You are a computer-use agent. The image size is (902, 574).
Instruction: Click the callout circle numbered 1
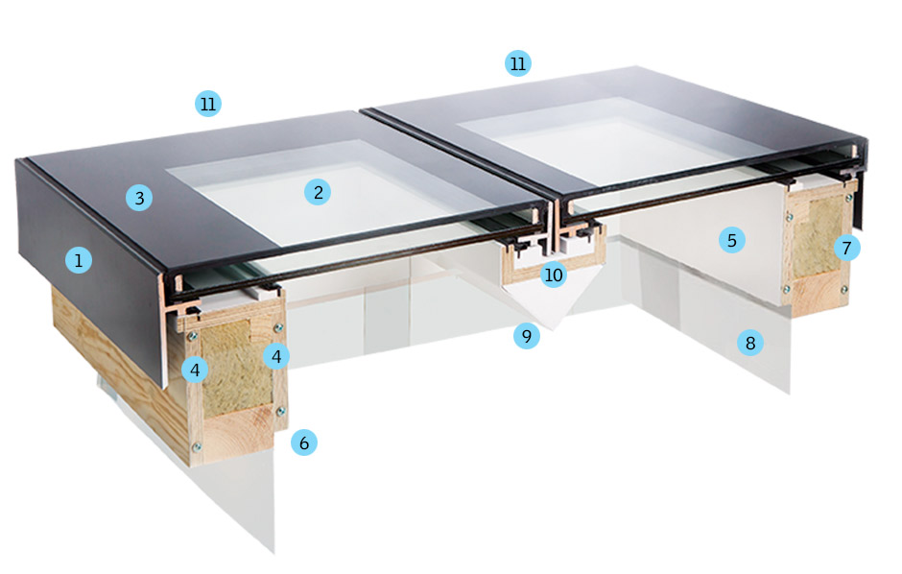[79, 259]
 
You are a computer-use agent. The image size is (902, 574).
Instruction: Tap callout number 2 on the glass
[318, 192]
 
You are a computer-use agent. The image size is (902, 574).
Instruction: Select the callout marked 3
[140, 199]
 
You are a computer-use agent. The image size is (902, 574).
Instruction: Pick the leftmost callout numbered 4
[195, 369]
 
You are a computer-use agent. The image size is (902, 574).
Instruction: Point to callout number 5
[732, 240]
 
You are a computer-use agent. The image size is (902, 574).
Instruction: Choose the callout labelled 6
[304, 442]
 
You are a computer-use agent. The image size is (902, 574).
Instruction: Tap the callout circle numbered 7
[846, 248]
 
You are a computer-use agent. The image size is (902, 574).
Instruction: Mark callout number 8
[750, 343]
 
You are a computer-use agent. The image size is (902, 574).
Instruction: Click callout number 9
[526, 337]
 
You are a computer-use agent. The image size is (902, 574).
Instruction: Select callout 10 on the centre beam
[553, 275]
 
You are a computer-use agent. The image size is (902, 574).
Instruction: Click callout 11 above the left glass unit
[208, 104]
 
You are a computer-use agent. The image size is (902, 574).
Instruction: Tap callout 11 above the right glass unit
[518, 64]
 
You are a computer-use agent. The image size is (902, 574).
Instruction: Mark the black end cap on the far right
[861, 182]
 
